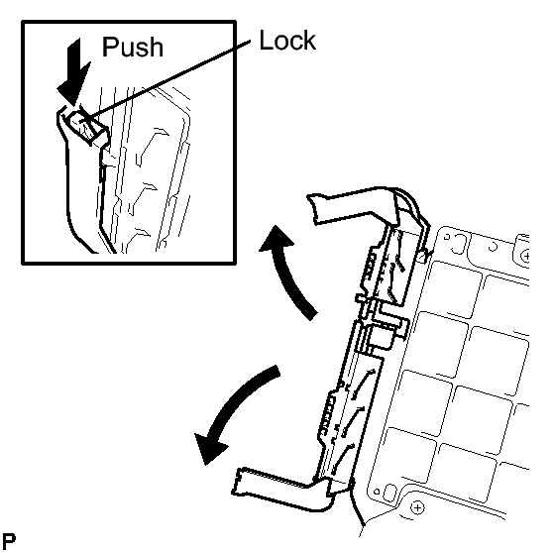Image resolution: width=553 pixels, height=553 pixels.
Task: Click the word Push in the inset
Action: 132,47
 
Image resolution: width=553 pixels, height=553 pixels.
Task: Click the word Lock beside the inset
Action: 287,41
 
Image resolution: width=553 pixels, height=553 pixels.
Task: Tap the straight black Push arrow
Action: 74,71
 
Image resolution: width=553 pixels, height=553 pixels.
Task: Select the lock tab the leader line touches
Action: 85,125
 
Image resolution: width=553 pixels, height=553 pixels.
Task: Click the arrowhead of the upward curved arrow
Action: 276,238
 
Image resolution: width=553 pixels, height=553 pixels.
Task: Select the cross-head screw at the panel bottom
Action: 417,507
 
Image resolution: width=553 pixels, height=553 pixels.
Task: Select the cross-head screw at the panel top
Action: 525,256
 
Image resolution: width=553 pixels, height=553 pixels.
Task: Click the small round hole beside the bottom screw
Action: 377,492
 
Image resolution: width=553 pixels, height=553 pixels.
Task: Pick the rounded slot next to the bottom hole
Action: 389,494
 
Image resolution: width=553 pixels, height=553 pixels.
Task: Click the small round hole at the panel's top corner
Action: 447,237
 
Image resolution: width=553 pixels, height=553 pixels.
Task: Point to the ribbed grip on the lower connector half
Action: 327,415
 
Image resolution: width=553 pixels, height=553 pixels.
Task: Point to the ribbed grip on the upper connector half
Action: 371,267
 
